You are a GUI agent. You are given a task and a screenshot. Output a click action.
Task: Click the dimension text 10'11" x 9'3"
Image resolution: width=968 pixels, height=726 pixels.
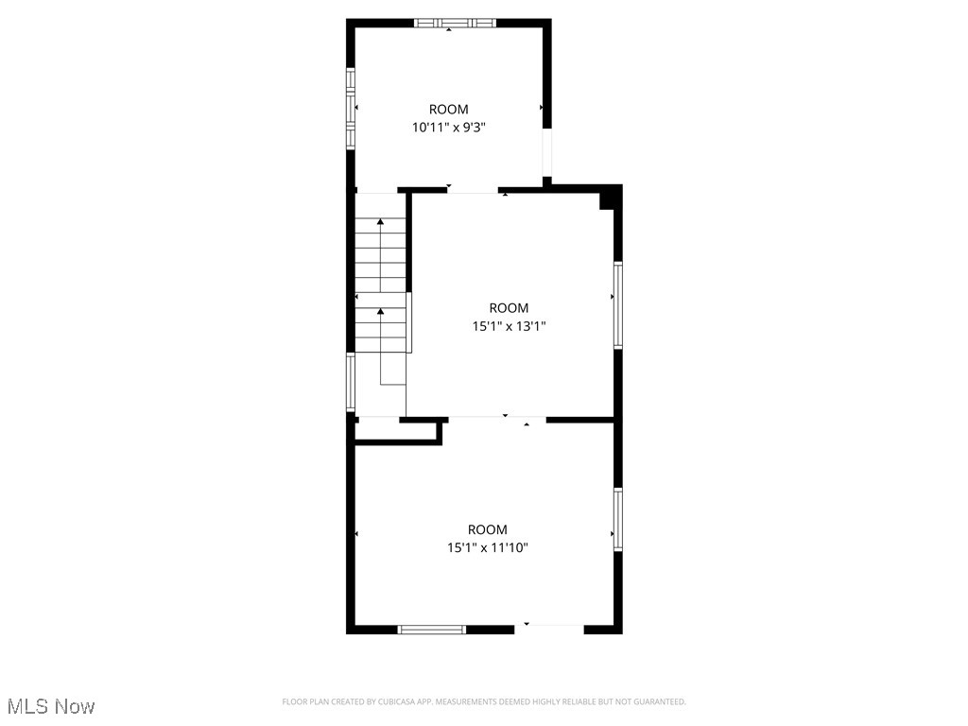point(448,127)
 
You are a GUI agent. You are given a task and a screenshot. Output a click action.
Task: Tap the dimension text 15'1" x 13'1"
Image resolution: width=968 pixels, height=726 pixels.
point(510,326)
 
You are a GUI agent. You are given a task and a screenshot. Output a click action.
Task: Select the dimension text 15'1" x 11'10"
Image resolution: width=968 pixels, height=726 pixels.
point(488,547)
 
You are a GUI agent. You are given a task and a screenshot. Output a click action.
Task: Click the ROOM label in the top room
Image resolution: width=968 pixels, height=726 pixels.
point(448,109)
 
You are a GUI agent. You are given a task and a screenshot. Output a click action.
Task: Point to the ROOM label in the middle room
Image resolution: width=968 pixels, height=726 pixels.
point(509,307)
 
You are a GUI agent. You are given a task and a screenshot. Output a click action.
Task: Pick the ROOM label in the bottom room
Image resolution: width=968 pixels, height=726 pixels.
point(488,529)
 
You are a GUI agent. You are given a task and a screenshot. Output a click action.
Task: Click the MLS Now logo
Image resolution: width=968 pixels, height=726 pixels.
point(51,706)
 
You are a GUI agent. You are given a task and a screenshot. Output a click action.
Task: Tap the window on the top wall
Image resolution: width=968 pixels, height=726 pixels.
point(455,23)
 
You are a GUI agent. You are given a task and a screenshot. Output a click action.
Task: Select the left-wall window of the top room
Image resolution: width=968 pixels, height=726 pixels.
point(350,109)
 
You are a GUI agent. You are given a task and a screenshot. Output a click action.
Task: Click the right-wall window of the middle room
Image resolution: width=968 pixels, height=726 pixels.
point(618,306)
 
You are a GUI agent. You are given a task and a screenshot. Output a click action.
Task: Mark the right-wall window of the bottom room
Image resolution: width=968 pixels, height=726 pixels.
point(618,520)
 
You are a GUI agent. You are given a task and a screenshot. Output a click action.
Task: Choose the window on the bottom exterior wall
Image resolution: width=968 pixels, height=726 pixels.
point(432,629)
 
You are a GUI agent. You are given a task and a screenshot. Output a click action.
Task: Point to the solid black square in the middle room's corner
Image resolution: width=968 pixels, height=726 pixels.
point(609,197)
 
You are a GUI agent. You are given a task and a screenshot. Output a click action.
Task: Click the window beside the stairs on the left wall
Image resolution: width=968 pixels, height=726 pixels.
point(350,383)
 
